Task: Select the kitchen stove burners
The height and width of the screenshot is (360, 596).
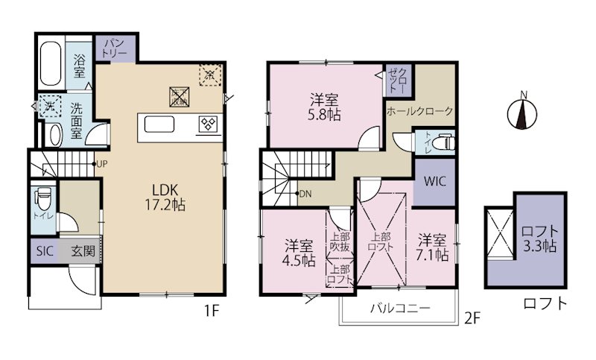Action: click(206, 124)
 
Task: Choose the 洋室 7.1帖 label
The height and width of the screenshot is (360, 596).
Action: click(432, 247)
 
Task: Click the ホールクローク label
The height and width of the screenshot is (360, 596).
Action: click(419, 111)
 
